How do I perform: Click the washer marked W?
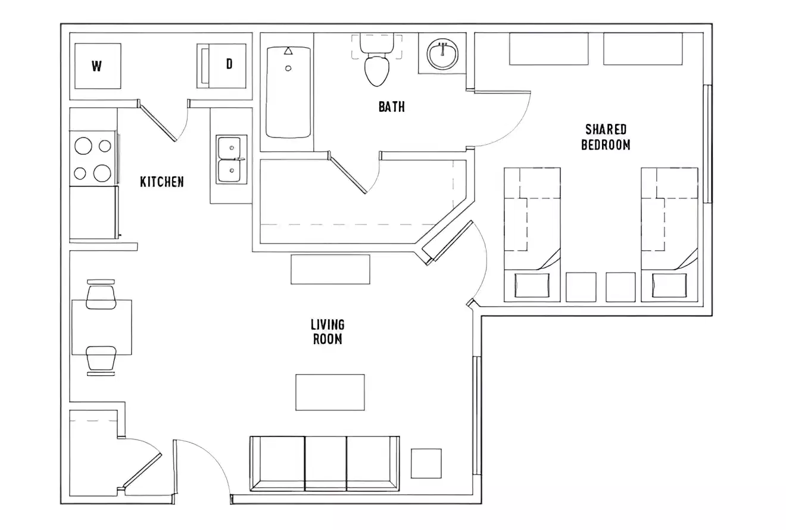pos(97,66)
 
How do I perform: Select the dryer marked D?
pos(223,65)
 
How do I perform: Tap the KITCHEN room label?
pos(161,182)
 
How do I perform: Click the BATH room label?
pos(391,107)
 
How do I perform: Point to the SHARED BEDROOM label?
pos(606,137)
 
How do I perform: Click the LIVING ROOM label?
pos(327,332)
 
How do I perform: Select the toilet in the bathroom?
pos(376,66)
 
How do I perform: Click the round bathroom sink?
pos(442,55)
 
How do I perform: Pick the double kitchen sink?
pos(230,160)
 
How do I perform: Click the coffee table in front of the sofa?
pos(330,392)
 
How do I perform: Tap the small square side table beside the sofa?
pos(426,463)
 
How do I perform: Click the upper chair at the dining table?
pos(101,294)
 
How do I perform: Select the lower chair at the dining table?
pos(101,360)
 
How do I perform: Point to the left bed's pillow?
pos(532,285)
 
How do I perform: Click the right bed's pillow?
pos(669,285)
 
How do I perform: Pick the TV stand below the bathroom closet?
pos(330,269)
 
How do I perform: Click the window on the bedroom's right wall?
pos(707,144)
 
